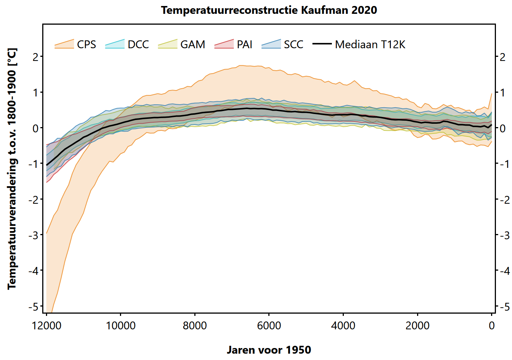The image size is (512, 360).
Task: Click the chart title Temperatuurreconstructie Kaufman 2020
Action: [x=269, y=10]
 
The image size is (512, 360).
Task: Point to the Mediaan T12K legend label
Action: [x=370, y=44]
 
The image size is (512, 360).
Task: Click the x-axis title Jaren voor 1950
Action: [x=269, y=350]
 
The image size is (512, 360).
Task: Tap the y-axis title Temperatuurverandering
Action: [x=12, y=169]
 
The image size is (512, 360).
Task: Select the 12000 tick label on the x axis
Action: [x=47, y=326]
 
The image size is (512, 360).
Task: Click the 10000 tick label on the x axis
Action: [x=121, y=326]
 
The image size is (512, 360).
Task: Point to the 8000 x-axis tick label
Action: [x=195, y=326]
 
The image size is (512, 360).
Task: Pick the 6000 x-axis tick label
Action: [x=269, y=326]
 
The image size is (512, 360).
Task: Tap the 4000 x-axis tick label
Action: [x=343, y=326]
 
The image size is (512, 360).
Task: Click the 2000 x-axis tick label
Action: [x=417, y=326]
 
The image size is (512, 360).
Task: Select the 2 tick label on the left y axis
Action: [x=36, y=57]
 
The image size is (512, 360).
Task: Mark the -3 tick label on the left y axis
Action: [x=34, y=235]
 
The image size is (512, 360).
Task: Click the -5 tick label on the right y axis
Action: [x=504, y=307]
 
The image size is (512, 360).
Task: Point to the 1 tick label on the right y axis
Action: [x=503, y=92]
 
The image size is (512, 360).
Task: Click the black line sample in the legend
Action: [x=322, y=44]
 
